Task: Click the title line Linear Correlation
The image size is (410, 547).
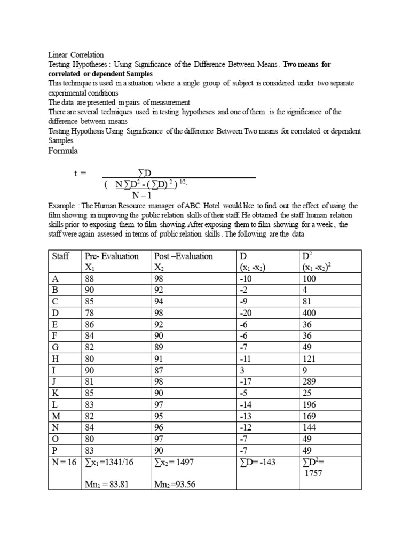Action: click(76, 55)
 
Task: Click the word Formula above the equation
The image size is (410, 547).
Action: click(63, 151)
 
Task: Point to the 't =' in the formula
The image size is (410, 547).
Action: click(80, 173)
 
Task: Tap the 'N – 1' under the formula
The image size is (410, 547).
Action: click(143, 195)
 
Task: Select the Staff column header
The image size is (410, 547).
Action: click(61, 256)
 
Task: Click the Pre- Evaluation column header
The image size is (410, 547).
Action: click(112, 256)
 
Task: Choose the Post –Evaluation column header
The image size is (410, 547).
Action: click(183, 256)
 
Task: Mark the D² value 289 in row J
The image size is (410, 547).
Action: click(310, 382)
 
